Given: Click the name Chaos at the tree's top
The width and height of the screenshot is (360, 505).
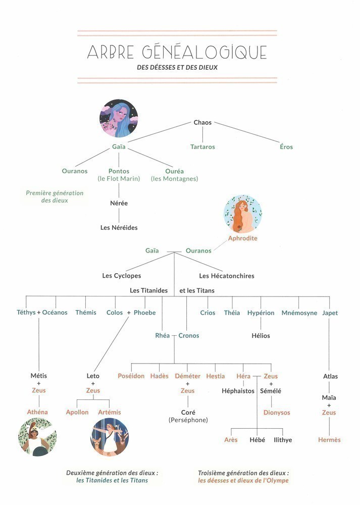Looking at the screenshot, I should (202, 123).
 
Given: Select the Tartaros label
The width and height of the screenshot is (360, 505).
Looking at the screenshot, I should (202, 147).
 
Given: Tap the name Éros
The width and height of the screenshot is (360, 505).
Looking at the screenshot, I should (286, 147).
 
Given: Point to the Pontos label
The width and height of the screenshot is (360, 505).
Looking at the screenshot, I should (119, 171).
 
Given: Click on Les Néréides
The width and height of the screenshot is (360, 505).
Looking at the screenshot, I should (119, 228).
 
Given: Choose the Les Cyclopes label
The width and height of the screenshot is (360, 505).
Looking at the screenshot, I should (122, 276).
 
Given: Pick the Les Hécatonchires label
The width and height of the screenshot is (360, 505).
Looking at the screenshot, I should (227, 276).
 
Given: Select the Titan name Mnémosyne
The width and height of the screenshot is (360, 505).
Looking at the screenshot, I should (299, 313).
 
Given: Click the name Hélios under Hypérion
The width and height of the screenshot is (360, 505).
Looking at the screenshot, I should (261, 336).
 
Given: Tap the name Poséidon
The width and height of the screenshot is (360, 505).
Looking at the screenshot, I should (131, 376).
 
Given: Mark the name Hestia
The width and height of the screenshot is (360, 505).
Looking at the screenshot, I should (216, 376).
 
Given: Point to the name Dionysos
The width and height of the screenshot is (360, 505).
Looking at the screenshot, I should (277, 413).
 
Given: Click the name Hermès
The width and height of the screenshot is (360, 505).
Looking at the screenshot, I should (329, 440).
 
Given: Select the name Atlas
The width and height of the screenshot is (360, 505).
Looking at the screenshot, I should (330, 376).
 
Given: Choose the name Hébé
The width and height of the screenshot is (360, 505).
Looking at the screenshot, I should (257, 440).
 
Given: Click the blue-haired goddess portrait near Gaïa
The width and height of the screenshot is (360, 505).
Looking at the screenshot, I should (119, 119).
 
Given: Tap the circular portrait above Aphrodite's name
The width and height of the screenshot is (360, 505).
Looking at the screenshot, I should (242, 214).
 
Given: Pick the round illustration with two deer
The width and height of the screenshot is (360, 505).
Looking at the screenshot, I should (110, 437).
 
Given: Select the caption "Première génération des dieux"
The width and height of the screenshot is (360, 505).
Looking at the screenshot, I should (55, 196).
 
